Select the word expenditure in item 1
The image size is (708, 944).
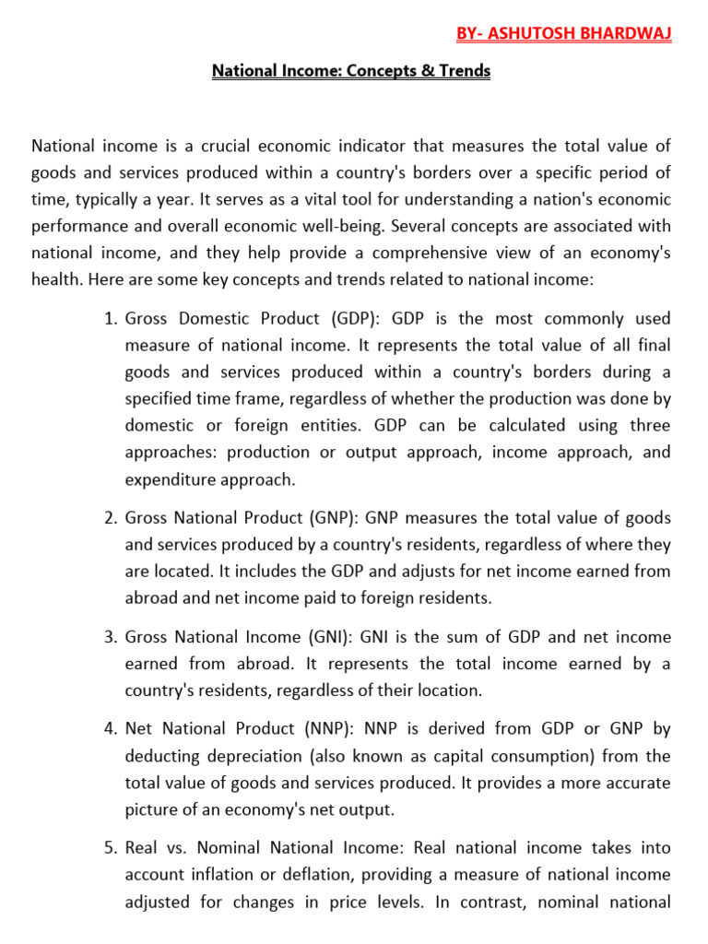coord(170,479)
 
